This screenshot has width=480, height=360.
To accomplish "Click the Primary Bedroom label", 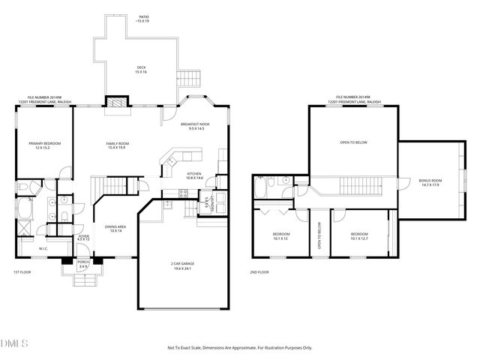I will pos(44,145).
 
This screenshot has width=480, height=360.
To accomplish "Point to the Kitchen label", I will pos(194,175).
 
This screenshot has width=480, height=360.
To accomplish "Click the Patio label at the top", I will pos(142,18).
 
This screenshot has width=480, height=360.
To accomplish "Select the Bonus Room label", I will pos(430,183).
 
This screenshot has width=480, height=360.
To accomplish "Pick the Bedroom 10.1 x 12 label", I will pos(280,237).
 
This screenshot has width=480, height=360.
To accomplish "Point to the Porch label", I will pos(83,263).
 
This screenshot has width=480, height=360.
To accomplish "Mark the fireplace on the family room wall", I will pos(115,104).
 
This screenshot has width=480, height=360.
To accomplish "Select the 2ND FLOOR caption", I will pos(259,272).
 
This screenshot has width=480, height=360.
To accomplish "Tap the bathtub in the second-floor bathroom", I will pos(260,186).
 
